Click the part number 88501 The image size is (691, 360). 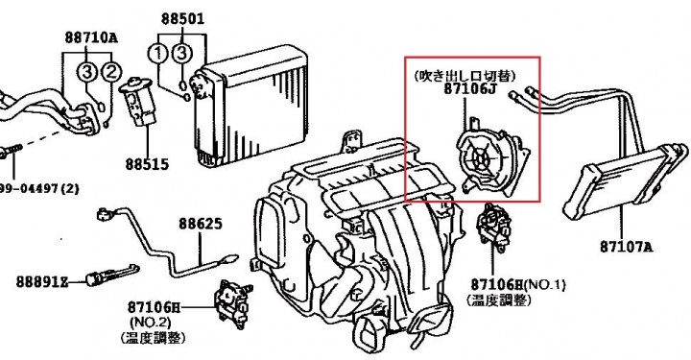coord(182,19)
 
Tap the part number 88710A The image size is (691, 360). coord(91,37)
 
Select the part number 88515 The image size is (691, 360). coord(147,164)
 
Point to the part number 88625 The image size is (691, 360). coord(201,224)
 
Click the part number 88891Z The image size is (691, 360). coord(42,281)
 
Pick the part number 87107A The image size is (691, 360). coord(626,247)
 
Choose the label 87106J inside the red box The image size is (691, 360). coord(469,89)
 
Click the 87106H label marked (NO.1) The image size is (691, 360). coord(497,285)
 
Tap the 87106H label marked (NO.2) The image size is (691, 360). coord(155,306)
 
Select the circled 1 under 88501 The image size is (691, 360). coord(158,54)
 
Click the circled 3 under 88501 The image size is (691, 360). coord(182,54)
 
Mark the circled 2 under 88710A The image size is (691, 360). coord(110,71)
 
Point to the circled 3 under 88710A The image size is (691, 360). coord(86,71)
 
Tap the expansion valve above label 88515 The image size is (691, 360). coord(137,102)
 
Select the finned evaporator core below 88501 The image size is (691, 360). coord(249,106)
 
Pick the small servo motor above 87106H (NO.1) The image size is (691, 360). coord(493,226)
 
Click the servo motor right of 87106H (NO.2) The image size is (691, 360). coord(232,304)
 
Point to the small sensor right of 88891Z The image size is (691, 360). coord(113,274)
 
